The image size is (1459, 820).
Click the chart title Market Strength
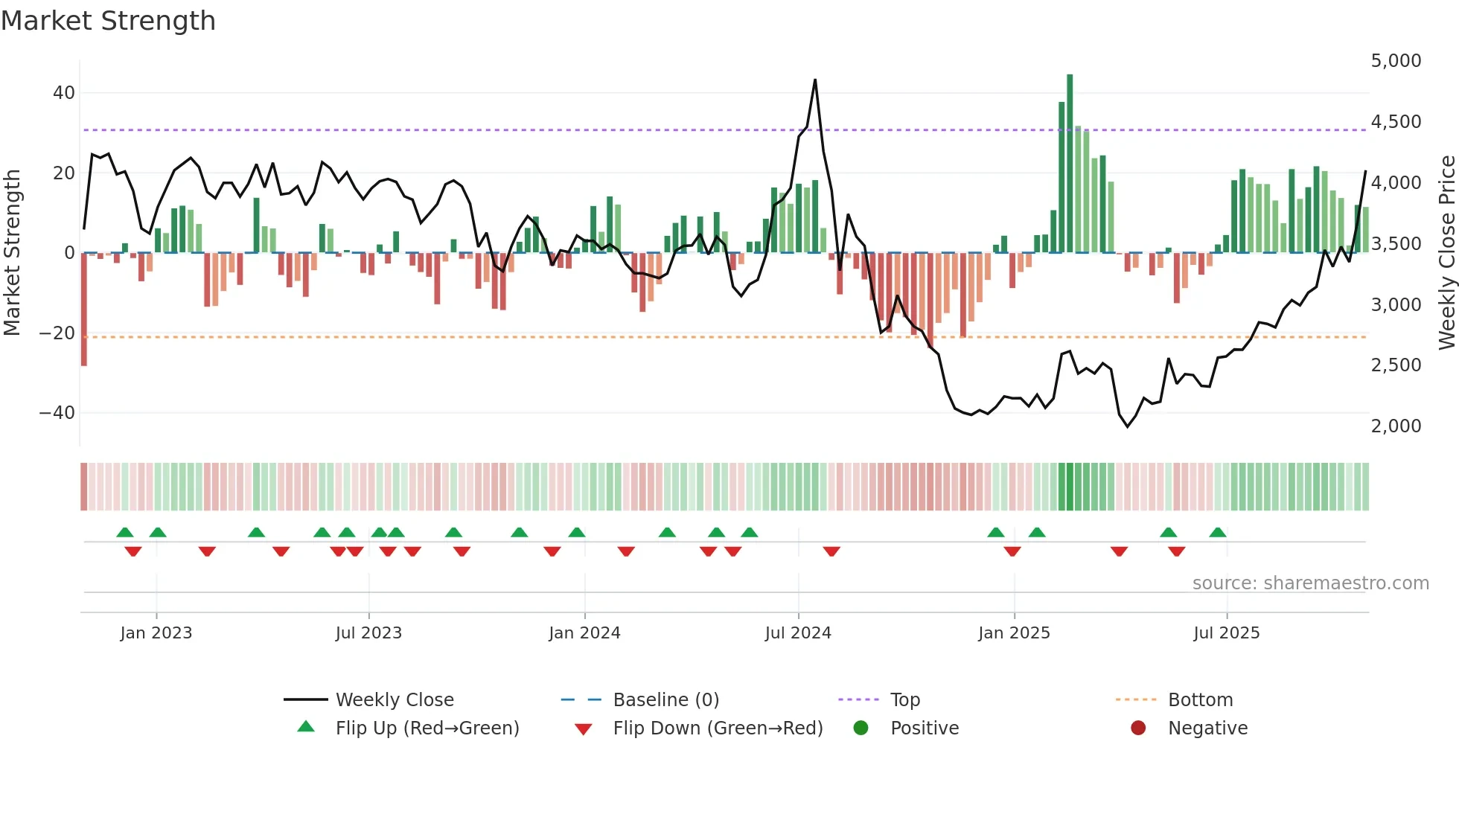click(x=109, y=21)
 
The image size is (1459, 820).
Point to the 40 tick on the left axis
click(x=64, y=93)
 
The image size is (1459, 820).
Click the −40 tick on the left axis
click(x=57, y=412)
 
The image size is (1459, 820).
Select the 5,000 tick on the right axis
click(x=1396, y=61)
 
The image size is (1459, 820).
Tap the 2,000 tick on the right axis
click(x=1396, y=426)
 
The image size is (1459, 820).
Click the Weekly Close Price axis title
click(x=1446, y=253)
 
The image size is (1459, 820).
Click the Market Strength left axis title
click(x=13, y=253)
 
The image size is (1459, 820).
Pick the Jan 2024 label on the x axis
click(x=584, y=633)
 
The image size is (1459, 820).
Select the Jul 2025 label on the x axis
click(x=1226, y=633)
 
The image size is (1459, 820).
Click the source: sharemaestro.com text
click(x=1310, y=583)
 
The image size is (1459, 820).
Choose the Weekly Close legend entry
click(x=395, y=700)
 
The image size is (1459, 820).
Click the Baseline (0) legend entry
click(x=665, y=700)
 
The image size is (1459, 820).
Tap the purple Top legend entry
click(x=904, y=700)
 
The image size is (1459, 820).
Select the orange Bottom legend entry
click(x=1200, y=700)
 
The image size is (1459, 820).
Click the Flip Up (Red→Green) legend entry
click(x=427, y=728)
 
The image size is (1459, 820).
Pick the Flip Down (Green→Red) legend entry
click(x=718, y=728)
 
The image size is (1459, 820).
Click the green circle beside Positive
click(x=861, y=728)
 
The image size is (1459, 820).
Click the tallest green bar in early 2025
click(x=1070, y=164)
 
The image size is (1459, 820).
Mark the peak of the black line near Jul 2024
click(x=815, y=80)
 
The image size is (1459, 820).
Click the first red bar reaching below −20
click(x=84, y=309)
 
